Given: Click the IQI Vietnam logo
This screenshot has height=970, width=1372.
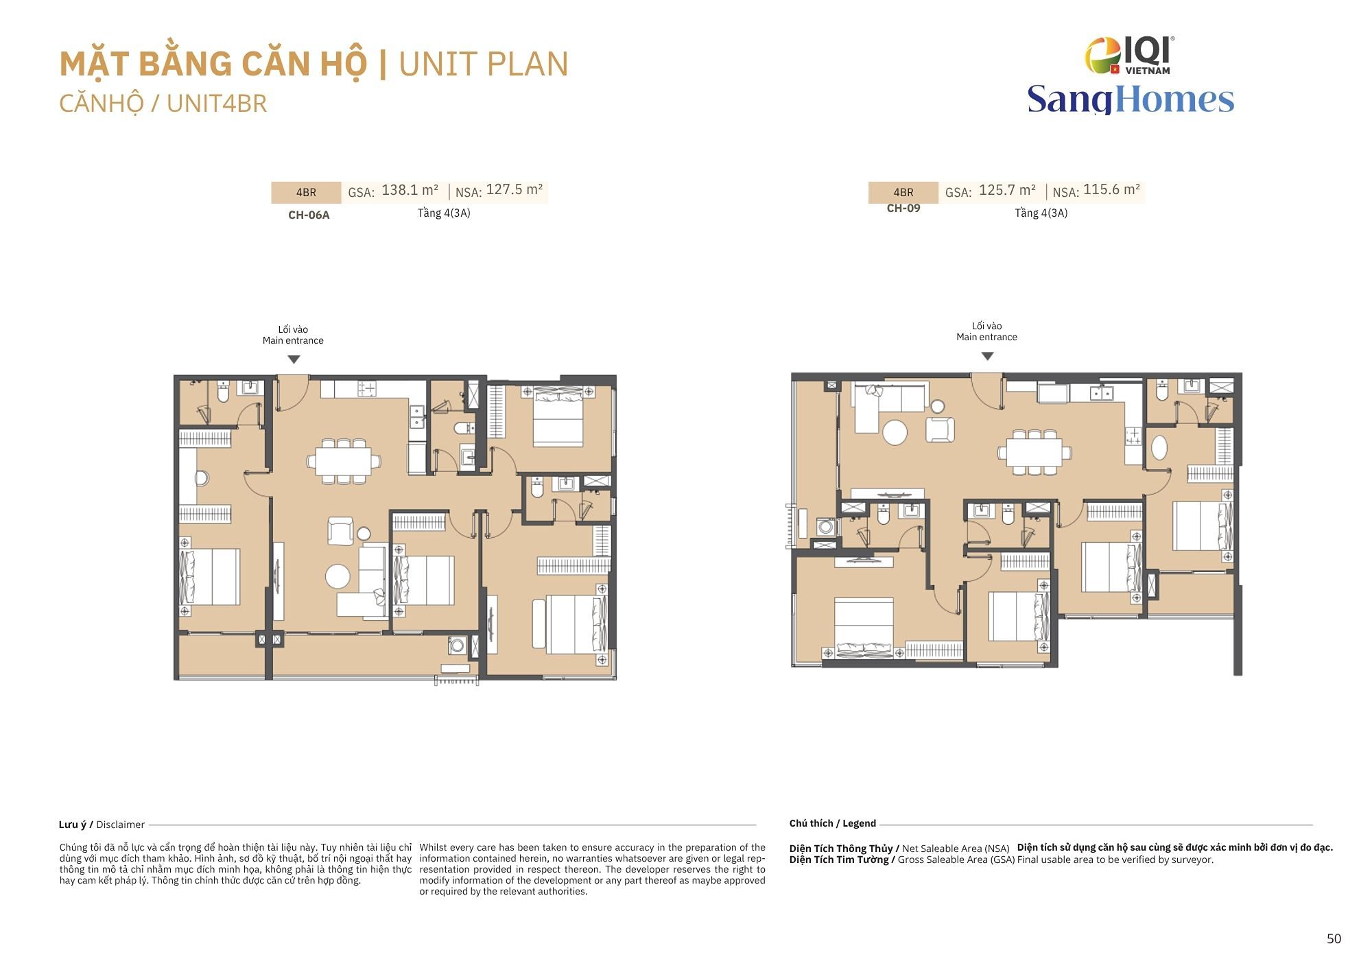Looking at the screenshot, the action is (1129, 55).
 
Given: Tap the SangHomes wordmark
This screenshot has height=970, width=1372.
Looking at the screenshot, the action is (1131, 99).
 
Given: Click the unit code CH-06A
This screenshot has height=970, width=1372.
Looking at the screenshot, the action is (309, 215).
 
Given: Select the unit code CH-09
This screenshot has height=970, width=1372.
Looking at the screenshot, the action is (903, 208).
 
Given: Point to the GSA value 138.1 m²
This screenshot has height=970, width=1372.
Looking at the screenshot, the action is (410, 190).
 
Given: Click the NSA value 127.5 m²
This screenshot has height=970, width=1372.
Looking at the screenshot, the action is (514, 189).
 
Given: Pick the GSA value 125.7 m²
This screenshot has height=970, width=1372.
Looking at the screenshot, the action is (1007, 190).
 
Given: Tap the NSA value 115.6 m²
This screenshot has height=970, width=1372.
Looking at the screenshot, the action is (1112, 189).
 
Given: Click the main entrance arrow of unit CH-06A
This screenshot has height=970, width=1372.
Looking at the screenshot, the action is (294, 359).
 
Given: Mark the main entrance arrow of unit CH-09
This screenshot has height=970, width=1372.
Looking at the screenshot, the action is (987, 356).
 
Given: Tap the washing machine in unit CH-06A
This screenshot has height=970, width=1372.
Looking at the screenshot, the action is (456, 644).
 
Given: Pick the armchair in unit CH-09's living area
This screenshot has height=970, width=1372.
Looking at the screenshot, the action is (940, 429).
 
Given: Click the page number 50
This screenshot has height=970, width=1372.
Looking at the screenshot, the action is (1334, 938).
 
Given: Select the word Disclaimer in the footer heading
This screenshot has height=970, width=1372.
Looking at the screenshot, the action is (120, 825).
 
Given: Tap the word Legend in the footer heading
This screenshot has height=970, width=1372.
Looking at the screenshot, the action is (859, 823).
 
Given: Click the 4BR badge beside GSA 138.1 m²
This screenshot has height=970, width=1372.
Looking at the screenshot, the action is (306, 193).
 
